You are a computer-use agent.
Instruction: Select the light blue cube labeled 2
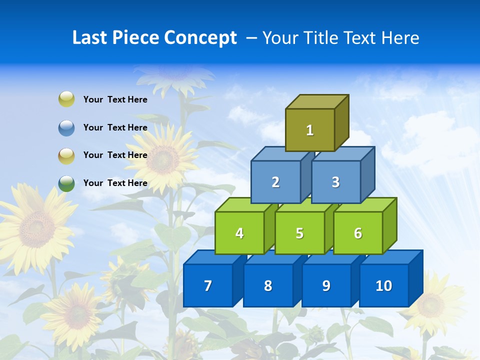[275, 182]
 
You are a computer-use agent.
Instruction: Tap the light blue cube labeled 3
[335, 182]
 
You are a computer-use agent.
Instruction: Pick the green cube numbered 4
[239, 233]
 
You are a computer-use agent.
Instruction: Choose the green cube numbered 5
[299, 233]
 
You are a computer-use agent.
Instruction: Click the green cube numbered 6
[358, 233]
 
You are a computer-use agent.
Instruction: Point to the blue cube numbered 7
[208, 285]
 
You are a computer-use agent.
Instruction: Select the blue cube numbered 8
[268, 285]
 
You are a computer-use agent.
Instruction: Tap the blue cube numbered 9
[326, 285]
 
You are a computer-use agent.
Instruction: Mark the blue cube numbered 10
[384, 285]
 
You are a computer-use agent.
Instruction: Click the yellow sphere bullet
[66, 99]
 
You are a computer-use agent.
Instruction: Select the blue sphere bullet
[66, 127]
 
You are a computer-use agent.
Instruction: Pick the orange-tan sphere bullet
[66, 155]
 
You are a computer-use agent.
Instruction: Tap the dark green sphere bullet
[66, 183]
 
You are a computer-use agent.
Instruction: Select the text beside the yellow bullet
[115, 99]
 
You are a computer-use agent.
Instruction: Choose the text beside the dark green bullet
[115, 183]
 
